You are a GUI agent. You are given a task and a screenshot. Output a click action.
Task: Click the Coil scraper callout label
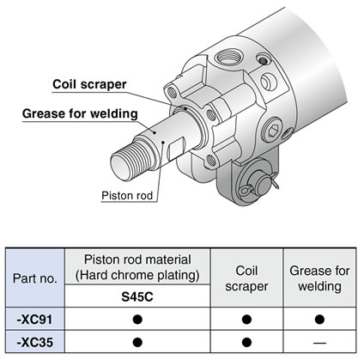click(89, 84)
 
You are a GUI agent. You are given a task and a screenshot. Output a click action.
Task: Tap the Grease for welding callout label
click(80, 113)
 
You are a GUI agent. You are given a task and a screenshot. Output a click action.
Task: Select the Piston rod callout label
click(127, 196)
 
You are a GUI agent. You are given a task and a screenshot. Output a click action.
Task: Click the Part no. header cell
click(35, 278)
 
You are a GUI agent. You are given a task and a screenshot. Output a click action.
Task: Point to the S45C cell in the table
click(137, 296)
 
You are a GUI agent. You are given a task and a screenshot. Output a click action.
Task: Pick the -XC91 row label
click(35, 320)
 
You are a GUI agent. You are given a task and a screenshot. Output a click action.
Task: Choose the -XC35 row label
click(35, 342)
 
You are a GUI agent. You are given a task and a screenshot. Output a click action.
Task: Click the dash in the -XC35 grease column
click(319, 343)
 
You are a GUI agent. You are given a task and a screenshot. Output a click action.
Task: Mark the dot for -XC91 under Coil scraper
click(246, 320)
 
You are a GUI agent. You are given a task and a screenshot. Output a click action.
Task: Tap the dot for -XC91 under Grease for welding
click(319, 320)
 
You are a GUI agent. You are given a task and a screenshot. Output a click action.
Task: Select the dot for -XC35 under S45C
click(137, 342)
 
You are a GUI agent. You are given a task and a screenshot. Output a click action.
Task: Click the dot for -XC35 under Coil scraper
click(246, 342)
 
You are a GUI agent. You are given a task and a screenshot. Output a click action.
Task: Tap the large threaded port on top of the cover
click(228, 57)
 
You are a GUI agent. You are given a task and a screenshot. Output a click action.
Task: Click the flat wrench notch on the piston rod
click(176, 148)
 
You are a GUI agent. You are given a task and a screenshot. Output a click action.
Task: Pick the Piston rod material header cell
click(137, 267)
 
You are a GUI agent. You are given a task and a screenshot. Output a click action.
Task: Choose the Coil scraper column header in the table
click(246, 278)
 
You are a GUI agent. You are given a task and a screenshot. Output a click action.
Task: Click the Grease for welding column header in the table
click(319, 278)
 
